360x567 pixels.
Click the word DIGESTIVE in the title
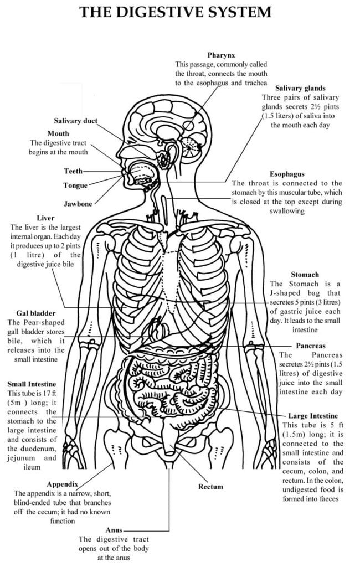tap(160, 12)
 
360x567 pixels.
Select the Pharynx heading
tap(221, 55)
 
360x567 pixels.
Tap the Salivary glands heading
tap(300, 88)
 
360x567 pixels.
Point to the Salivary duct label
tap(76, 121)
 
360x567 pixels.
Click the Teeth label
tap(74, 171)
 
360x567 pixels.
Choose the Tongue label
tap(76, 185)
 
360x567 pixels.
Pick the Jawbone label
tap(78, 204)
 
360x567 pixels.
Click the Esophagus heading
tap(287, 174)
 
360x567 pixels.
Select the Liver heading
tap(45, 218)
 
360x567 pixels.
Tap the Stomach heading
tap(305, 275)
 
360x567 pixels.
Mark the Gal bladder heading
tap(36, 313)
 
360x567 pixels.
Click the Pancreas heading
tap(311, 346)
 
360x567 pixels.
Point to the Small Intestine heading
tap(32, 384)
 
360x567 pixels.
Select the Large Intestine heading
tap(313, 416)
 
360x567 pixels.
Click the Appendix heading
tap(62, 484)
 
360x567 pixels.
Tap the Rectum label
tap(210, 487)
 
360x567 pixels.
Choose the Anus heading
tap(114, 530)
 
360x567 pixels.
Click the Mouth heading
tap(58, 133)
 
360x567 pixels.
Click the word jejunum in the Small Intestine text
tap(22, 458)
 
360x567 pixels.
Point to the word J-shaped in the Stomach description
tap(285, 293)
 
